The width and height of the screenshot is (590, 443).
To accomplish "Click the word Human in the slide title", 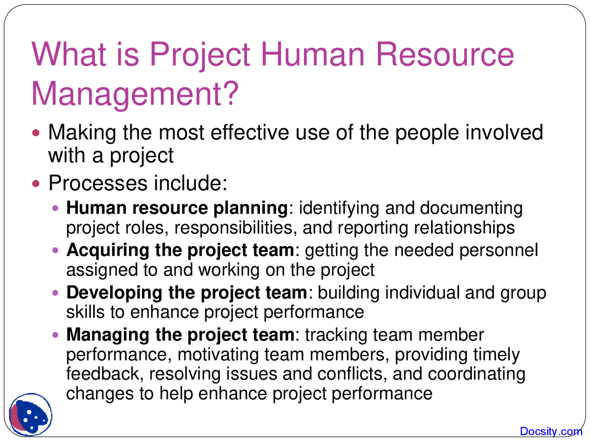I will click(313, 54).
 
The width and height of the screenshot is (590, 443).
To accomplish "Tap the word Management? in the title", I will click(135, 94).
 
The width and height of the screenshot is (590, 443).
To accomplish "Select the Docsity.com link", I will click(551, 431).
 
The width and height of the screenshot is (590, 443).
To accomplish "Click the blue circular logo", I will click(31, 415).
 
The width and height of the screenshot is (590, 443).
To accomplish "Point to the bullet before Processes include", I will click(37, 183).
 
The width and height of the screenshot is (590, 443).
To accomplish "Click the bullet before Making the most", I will click(37, 133).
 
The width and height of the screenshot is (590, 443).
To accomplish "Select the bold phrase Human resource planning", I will click(177, 208).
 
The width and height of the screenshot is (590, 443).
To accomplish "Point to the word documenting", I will click(471, 209).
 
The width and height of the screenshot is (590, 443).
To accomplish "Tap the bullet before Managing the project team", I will click(56, 335).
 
